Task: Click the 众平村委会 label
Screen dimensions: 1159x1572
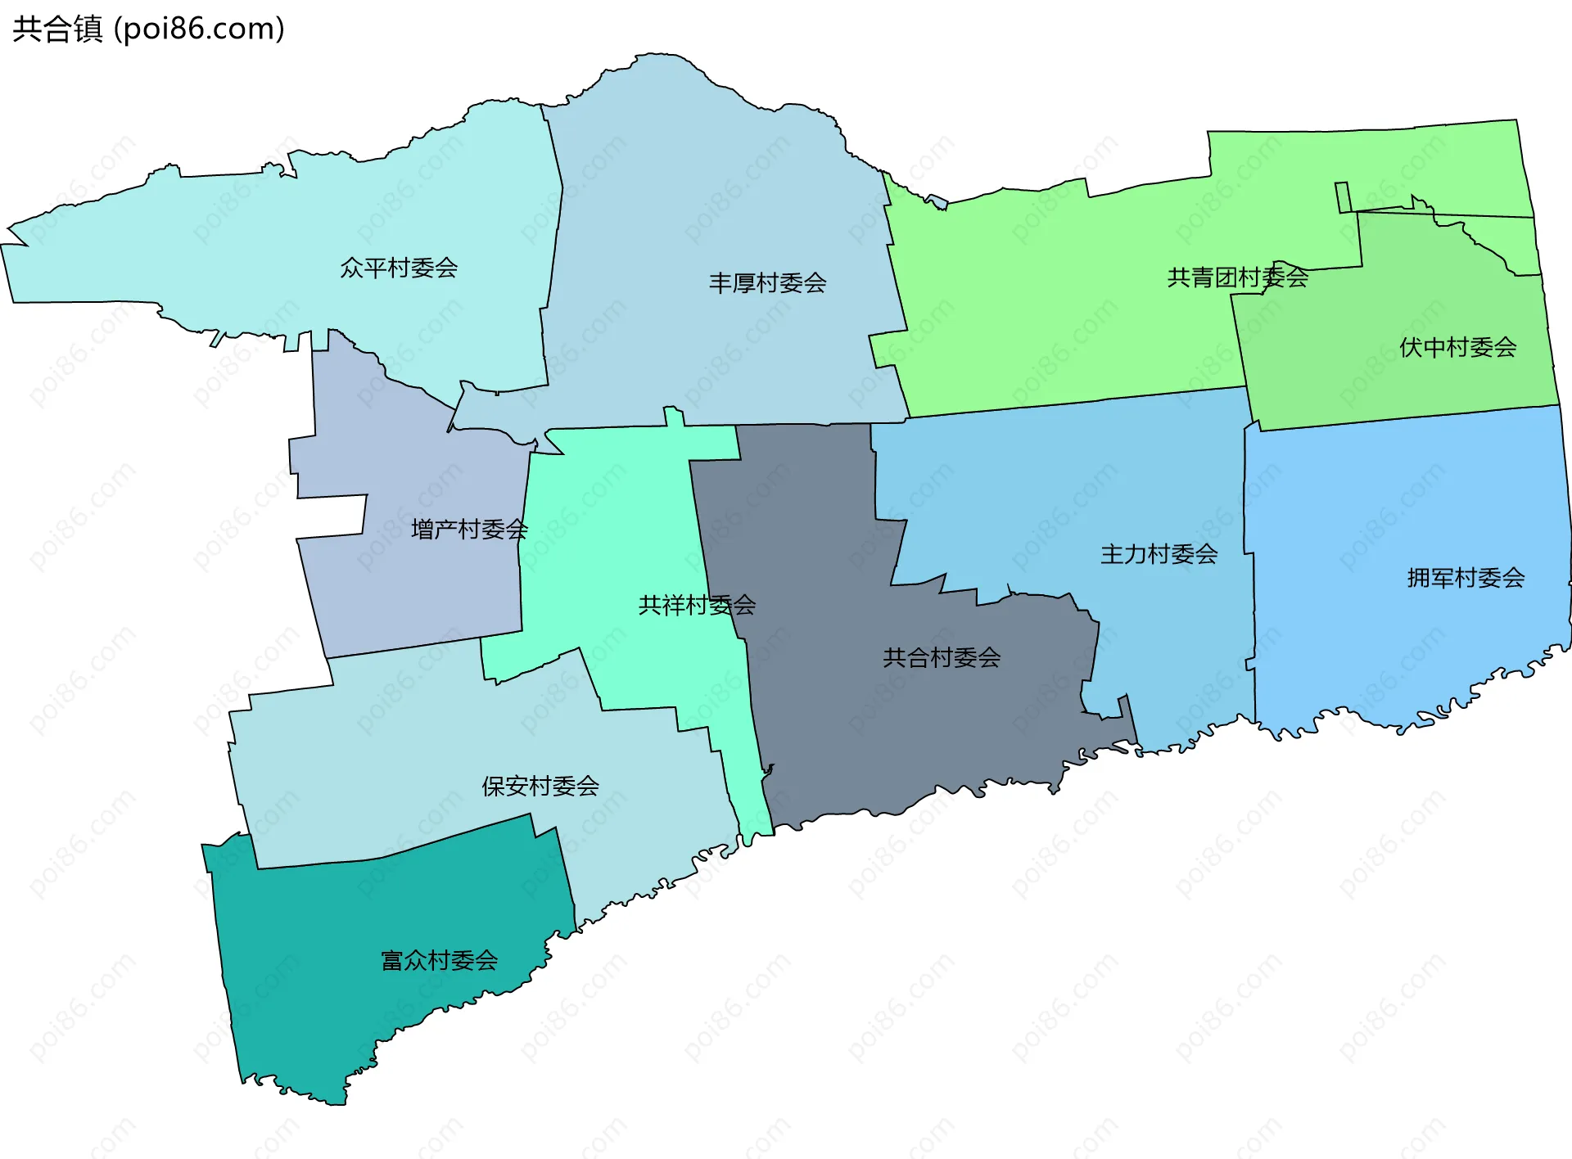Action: click(x=399, y=268)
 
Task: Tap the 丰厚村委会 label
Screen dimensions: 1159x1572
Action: click(x=767, y=283)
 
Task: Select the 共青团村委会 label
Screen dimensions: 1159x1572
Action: click(x=1237, y=277)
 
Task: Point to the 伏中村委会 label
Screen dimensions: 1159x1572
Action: click(x=1457, y=347)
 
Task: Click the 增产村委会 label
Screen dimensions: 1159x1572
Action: click(x=469, y=530)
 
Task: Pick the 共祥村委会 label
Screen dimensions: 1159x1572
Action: click(x=697, y=605)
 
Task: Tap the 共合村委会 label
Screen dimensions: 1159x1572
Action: click(x=942, y=657)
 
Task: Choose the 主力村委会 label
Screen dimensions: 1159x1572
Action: click(x=1159, y=554)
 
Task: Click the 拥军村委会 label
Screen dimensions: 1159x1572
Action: click(x=1466, y=578)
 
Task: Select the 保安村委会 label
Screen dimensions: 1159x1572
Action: click(x=540, y=786)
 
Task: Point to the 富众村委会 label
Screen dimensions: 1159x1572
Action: click(x=440, y=960)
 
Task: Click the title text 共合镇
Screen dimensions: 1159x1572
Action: click(x=57, y=29)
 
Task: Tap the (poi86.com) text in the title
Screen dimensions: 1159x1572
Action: click(x=199, y=29)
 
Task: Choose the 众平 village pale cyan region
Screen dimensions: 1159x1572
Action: click(x=246, y=246)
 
